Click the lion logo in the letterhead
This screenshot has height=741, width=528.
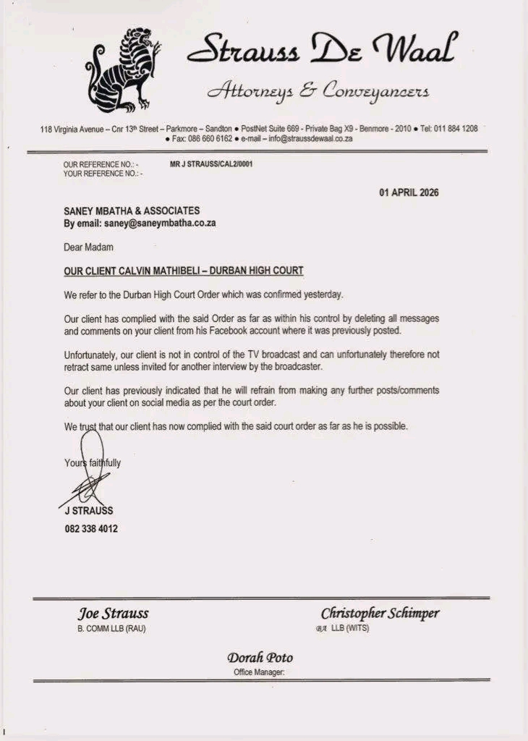[x=123, y=71]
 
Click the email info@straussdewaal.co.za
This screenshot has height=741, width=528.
[x=310, y=138]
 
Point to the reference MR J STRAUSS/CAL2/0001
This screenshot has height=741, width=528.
[x=211, y=164]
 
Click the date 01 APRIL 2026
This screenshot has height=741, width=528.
[x=409, y=192]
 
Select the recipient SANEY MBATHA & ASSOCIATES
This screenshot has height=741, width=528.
[x=132, y=211]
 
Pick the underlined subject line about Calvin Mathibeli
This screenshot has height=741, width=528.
[x=184, y=271]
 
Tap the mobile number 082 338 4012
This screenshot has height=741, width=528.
[x=91, y=529]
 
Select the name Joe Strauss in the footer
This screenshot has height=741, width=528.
[x=113, y=614]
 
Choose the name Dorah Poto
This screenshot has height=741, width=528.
[x=260, y=658]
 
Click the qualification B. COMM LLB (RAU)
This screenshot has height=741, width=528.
[x=111, y=628]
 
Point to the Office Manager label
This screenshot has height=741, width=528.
[x=259, y=672]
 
